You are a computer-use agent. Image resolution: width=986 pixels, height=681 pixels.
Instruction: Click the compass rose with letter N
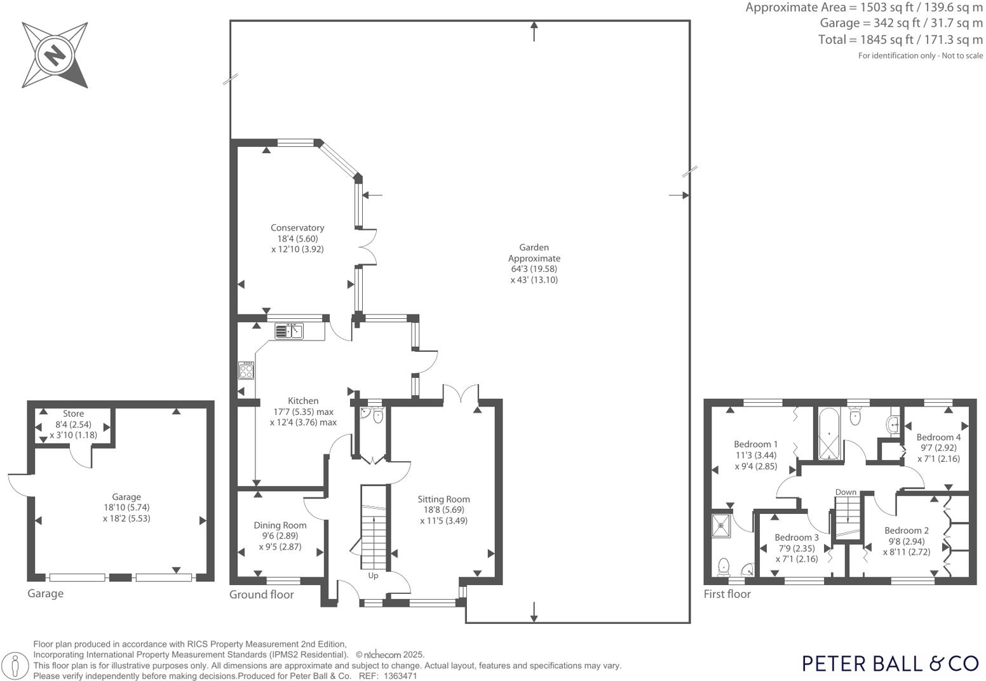point(55,55)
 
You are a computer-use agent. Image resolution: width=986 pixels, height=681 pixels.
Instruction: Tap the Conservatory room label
point(297,228)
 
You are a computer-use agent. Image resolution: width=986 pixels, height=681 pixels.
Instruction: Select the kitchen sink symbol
point(289,331)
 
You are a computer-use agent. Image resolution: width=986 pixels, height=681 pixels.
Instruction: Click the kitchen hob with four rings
point(246,370)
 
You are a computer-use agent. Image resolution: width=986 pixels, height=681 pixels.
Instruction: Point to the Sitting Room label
point(443,499)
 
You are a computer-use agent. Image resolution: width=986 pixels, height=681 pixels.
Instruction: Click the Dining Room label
point(280,525)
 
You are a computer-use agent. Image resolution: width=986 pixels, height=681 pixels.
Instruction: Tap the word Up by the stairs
point(373,576)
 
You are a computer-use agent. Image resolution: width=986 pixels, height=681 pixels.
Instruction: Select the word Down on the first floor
point(846,492)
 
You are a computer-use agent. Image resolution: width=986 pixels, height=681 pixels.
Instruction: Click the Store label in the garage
point(73,414)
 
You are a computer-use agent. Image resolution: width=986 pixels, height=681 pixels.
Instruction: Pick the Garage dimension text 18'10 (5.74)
point(126,508)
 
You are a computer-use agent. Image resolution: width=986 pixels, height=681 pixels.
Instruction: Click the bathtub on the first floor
point(828,435)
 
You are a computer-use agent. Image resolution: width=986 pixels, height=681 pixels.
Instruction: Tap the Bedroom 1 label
point(755,445)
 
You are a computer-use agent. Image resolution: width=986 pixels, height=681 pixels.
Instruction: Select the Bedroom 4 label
point(938,437)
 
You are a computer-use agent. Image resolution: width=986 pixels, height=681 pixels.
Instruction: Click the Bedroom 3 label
point(797,537)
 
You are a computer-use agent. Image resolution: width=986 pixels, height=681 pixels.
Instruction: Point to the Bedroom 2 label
point(907,530)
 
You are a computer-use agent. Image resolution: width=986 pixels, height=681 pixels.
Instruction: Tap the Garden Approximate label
point(534,253)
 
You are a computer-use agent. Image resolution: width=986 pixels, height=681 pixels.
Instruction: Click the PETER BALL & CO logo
point(890,663)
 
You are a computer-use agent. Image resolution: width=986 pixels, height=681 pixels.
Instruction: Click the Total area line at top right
point(900,39)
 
